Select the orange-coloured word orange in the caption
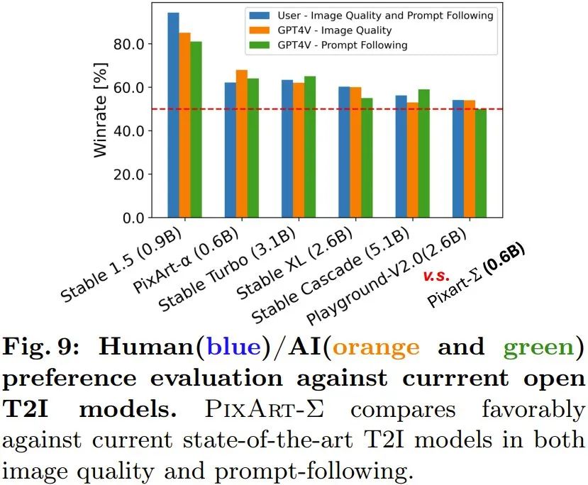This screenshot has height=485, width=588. (375, 347)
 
